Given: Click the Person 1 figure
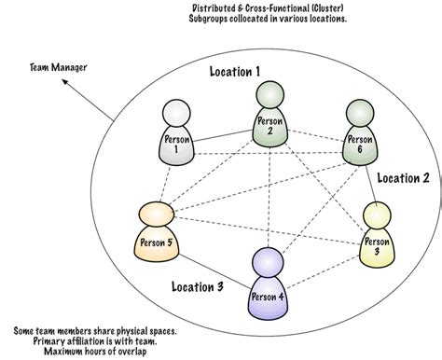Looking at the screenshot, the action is pyautogui.click(x=176, y=132).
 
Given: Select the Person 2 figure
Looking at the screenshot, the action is pyautogui.click(x=270, y=115).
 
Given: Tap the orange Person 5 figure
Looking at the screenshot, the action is pyautogui.click(x=157, y=231).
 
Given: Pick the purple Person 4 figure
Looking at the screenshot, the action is pyautogui.click(x=268, y=284).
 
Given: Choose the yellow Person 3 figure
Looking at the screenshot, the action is pyautogui.click(x=377, y=235).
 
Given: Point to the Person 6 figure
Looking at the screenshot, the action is pyautogui.click(x=360, y=132).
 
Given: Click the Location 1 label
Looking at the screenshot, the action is pyautogui.click(x=235, y=72).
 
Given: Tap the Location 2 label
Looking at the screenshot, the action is pyautogui.click(x=403, y=178).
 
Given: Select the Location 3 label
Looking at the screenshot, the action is pyautogui.click(x=198, y=286).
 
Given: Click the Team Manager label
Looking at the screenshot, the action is pyautogui.click(x=59, y=67).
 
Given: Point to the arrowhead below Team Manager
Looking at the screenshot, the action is pyautogui.click(x=64, y=81).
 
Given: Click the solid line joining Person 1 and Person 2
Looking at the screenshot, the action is pyautogui.click(x=223, y=136).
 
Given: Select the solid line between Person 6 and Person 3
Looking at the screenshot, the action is pyautogui.click(x=371, y=184).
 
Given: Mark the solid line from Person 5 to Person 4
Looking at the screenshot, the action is pyautogui.click(x=215, y=272).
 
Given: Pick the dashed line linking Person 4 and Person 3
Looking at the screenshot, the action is pyautogui.click(x=324, y=271).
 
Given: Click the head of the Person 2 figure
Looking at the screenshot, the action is pyautogui.click(x=270, y=95).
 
